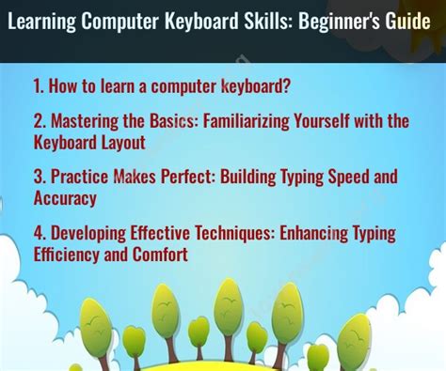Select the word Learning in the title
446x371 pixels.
point(44,23)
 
